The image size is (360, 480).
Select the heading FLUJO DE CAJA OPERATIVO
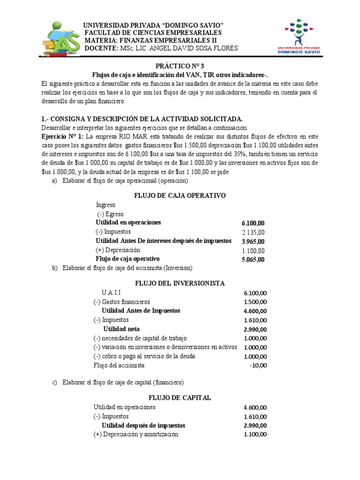tap(180, 195)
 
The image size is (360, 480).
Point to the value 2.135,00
tap(253, 232)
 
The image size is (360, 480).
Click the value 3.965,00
tap(253, 241)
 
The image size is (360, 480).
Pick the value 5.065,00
tap(253, 259)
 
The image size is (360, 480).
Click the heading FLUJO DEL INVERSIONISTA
tap(180, 284)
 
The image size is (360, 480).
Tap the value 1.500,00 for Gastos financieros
tap(255, 302)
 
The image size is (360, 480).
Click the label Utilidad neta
tap(121, 329)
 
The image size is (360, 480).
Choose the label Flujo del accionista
tap(119, 365)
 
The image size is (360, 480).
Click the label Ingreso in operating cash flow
tap(105, 205)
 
